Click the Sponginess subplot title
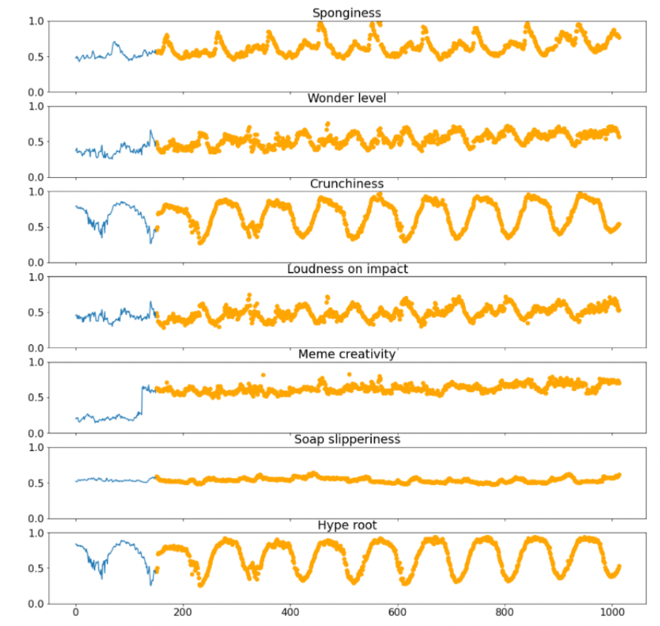coord(346,13)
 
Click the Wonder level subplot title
coord(346,98)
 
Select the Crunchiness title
coord(346,184)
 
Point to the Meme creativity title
coord(346,354)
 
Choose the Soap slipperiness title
coord(346,440)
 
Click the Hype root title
coord(346,525)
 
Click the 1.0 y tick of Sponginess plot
coord(36,21)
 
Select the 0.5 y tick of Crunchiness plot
coord(36,227)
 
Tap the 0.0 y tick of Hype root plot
coord(36,604)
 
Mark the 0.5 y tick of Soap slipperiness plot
coord(36,483)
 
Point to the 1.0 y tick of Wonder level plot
coord(36,107)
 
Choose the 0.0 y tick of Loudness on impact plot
coord(36,348)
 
